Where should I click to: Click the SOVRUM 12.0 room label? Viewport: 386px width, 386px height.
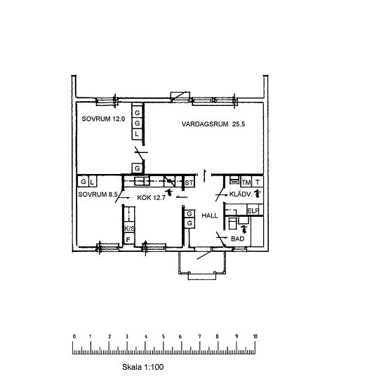click(x=102, y=119)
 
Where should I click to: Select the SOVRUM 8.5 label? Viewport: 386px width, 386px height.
click(x=96, y=194)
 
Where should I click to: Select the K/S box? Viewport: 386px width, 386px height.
click(x=128, y=229)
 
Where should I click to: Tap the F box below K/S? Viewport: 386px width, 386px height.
click(x=128, y=240)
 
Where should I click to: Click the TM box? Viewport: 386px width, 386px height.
click(x=246, y=182)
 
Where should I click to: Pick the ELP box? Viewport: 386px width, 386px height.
click(x=253, y=211)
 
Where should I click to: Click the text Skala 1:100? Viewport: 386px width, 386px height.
click(x=142, y=366)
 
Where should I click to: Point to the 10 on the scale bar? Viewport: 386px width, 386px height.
click(x=255, y=337)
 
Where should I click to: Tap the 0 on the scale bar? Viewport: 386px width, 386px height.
click(x=74, y=337)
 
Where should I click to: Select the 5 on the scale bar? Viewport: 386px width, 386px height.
click(x=164, y=337)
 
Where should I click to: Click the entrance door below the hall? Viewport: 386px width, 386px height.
click(x=204, y=258)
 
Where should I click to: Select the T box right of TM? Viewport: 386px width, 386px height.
click(x=258, y=182)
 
